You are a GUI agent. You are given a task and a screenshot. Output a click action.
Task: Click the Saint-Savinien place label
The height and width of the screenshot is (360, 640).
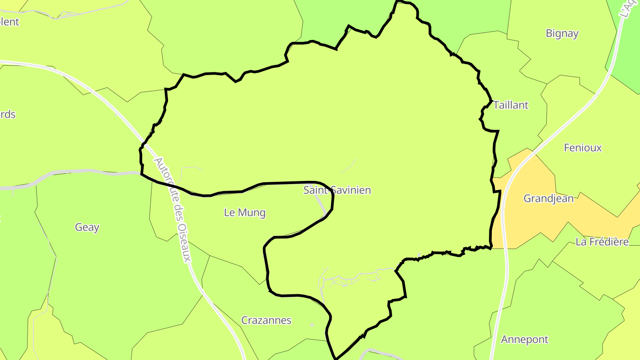(x=337, y=190)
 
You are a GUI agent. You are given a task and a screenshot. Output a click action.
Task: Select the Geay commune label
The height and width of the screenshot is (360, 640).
(x=87, y=228)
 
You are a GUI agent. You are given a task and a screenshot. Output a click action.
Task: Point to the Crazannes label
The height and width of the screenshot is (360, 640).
(x=266, y=320)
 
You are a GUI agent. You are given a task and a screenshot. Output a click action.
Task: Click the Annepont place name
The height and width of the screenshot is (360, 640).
(x=524, y=340)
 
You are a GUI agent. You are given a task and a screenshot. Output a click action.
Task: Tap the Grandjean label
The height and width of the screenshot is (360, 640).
(x=548, y=199)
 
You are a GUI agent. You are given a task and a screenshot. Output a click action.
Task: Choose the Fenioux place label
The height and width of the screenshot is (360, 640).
(x=583, y=148)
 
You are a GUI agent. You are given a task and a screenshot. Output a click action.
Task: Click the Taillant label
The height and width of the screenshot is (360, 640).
(x=511, y=105)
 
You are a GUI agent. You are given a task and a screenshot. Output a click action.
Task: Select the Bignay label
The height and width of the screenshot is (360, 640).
(x=562, y=33)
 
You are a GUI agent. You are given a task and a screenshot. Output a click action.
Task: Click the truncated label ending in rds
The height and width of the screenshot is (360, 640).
(x=8, y=115)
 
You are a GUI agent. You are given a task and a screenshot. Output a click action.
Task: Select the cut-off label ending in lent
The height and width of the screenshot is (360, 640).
(x=9, y=22)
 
